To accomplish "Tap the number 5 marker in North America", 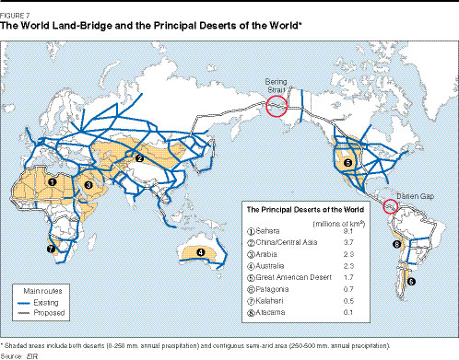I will coord(347,163).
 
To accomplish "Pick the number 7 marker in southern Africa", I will coord(51,248).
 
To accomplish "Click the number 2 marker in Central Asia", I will coord(138,157).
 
